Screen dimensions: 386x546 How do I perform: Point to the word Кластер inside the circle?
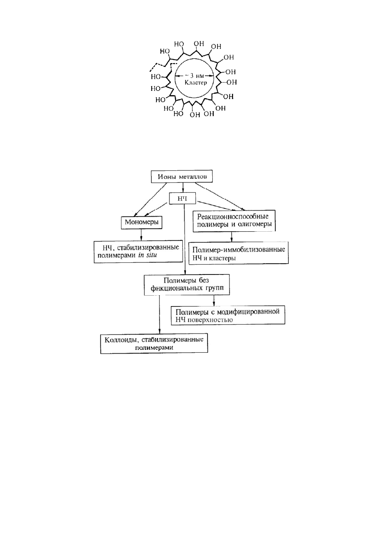[x=195, y=83]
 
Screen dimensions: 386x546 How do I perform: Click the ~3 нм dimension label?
[x=194, y=76]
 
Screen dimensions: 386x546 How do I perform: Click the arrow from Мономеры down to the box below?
[x=141, y=235]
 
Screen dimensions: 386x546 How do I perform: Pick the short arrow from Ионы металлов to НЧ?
[x=182, y=188]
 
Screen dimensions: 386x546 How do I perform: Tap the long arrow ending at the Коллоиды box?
[x=159, y=314]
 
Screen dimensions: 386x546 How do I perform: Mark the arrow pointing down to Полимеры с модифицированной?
[x=214, y=300]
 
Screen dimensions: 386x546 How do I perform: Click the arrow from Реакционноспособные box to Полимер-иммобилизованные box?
[x=232, y=236]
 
